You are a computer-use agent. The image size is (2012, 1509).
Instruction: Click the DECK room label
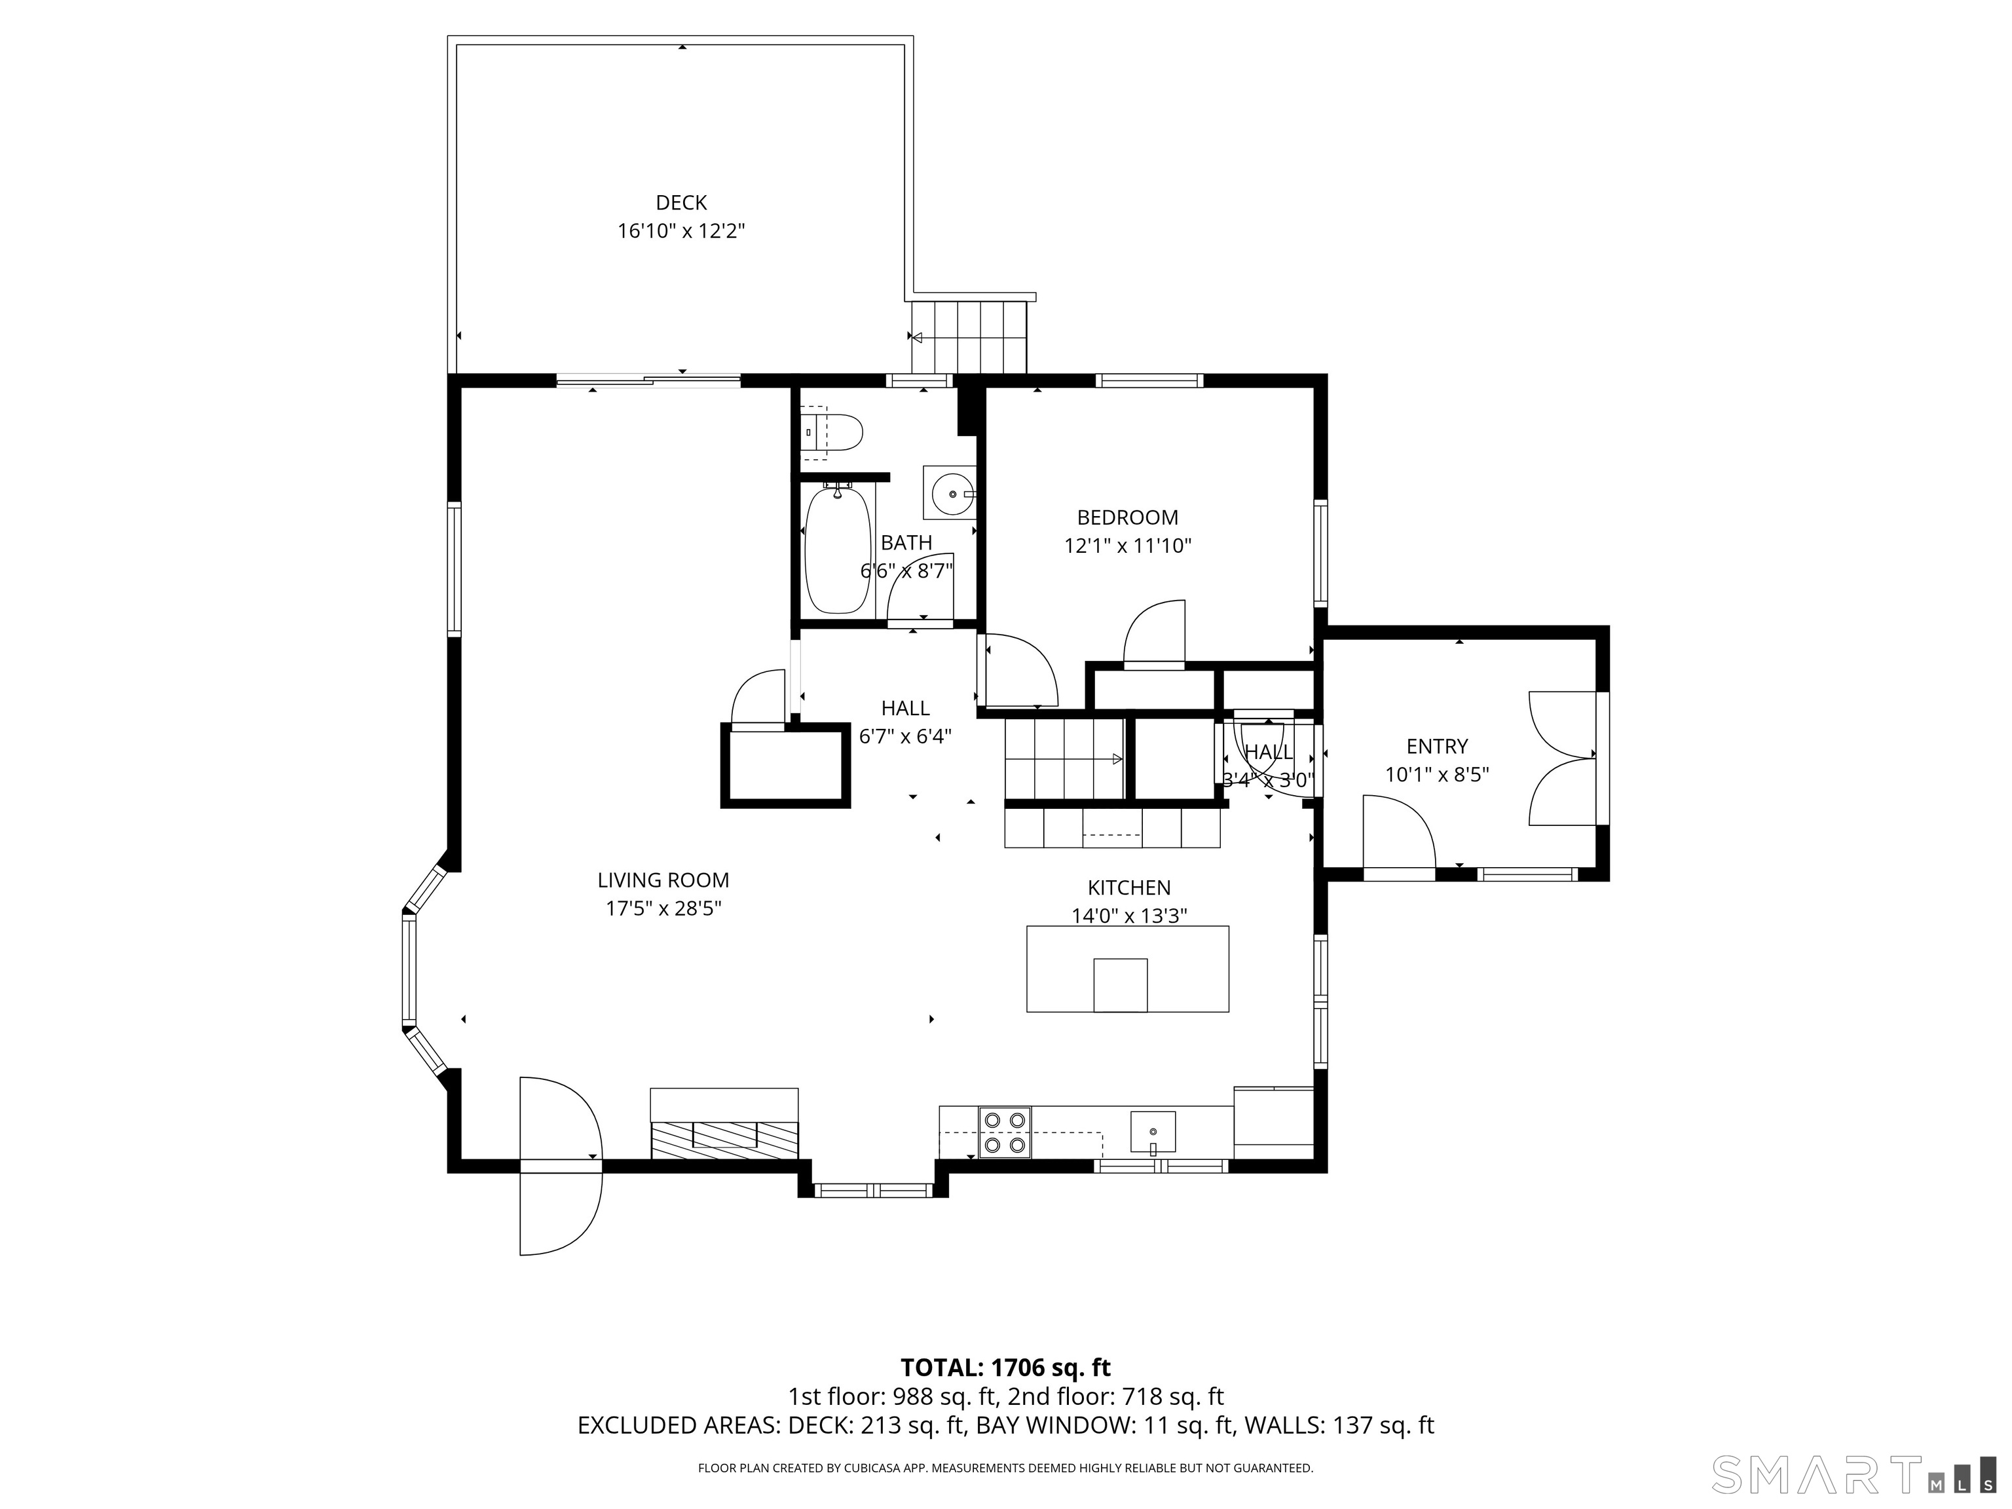click(681, 203)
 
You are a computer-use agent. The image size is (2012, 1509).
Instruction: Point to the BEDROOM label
click(1128, 517)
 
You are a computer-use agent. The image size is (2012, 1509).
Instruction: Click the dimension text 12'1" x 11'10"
click(1128, 546)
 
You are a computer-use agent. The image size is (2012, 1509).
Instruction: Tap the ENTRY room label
click(1437, 747)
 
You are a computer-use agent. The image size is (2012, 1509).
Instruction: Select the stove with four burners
click(1005, 1132)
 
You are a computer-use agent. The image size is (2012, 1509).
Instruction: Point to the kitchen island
click(1128, 969)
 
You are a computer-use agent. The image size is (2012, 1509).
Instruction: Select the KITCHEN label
click(1130, 887)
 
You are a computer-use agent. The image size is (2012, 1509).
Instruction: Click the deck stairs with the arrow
click(969, 337)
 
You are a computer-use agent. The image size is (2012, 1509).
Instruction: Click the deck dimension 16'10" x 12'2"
click(681, 231)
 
